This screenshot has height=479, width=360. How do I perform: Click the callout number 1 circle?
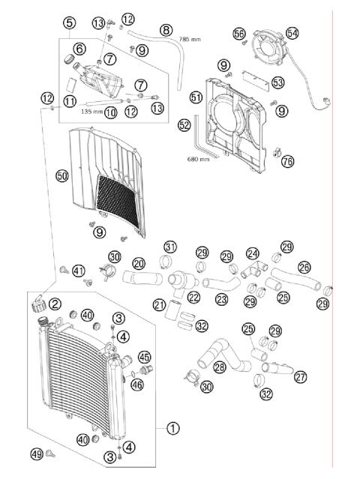[x=173, y=428]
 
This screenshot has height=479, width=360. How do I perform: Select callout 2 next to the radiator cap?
[x=55, y=304]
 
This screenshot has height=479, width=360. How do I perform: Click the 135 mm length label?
[x=91, y=110]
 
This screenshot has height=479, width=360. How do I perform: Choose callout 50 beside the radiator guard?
[x=62, y=175]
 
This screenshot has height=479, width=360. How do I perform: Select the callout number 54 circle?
[x=292, y=32]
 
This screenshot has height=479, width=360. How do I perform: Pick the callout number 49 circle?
[x=37, y=454]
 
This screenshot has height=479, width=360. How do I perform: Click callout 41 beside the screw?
[x=78, y=271]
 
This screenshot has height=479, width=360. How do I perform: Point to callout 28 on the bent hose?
[x=220, y=367]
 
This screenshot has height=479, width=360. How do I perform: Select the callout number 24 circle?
[x=253, y=253]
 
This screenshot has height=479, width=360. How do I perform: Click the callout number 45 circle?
[x=144, y=357]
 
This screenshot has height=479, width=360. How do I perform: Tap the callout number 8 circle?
[x=166, y=30]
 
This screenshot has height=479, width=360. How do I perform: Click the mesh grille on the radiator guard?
[x=112, y=198]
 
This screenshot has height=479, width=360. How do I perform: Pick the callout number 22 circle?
[x=194, y=298]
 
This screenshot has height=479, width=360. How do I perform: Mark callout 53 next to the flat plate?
[x=277, y=82]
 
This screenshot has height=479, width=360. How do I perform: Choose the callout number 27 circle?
[x=301, y=377]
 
